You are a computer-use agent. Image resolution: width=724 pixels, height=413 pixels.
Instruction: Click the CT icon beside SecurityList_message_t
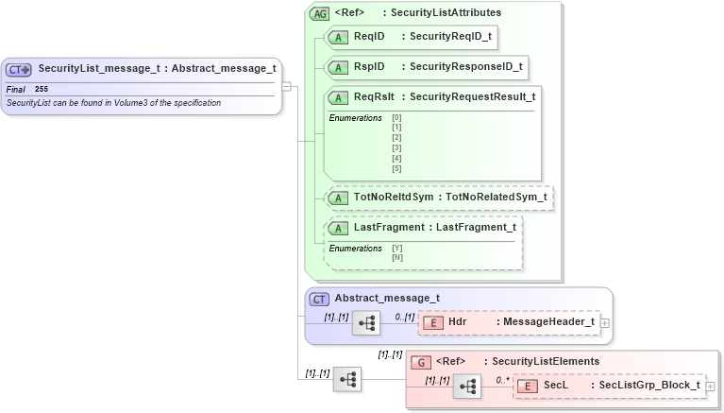19,69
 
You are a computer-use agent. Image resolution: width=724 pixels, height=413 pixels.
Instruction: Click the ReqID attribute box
410,37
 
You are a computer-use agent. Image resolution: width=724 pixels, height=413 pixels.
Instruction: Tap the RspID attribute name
369,67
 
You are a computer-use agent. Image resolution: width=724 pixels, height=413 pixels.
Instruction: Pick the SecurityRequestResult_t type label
472,96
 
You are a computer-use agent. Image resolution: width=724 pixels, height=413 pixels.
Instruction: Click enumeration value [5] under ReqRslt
396,168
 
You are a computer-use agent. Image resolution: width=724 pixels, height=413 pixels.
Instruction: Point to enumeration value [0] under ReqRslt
396,117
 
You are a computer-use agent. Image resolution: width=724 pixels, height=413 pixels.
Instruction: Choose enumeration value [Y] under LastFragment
396,249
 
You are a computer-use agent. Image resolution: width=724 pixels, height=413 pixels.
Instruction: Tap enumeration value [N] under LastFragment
396,257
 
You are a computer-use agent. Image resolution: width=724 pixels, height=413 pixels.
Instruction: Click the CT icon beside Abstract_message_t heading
320,299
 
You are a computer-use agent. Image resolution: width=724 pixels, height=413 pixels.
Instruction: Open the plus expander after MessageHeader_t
605,323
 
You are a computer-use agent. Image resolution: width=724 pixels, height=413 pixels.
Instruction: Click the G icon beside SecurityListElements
422,362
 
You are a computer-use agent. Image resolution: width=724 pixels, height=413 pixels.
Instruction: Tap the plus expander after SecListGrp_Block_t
711,387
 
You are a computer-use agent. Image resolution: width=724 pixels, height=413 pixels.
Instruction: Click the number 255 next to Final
42,89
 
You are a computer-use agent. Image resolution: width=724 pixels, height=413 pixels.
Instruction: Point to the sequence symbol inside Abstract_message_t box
365,323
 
